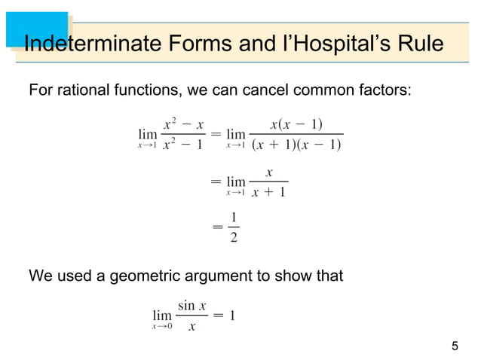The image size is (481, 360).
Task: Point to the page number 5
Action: click(454, 346)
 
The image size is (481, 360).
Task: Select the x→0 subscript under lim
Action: click(161, 327)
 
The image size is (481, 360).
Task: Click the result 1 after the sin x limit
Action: click(233, 316)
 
